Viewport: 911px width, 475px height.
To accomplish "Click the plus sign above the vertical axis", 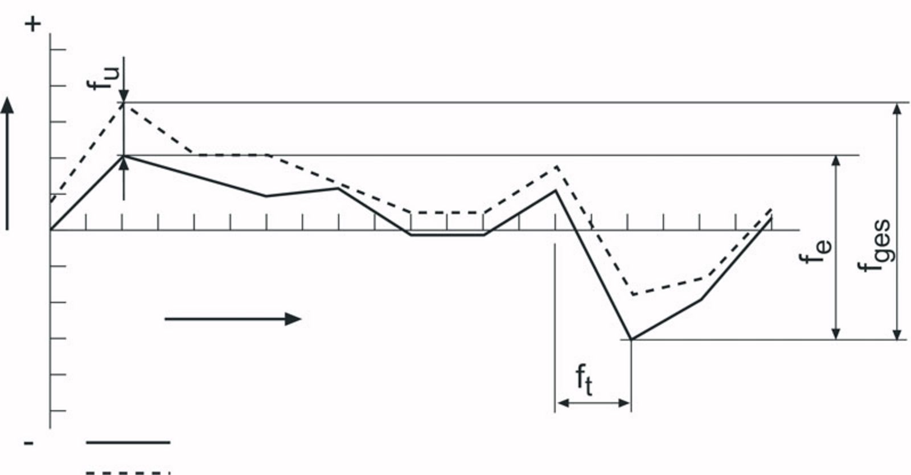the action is coord(33,25).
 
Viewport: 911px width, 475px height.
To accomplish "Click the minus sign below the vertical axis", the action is coord(28,443).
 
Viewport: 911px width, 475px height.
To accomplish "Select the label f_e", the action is coord(815,252).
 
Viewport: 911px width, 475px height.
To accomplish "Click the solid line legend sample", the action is coord(128,442).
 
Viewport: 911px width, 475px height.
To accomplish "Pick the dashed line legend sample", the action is coord(128,473).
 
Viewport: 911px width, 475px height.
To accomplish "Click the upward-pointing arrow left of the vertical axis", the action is coord(7,163).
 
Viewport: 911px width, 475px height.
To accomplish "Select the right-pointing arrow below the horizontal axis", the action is coord(233,320).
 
